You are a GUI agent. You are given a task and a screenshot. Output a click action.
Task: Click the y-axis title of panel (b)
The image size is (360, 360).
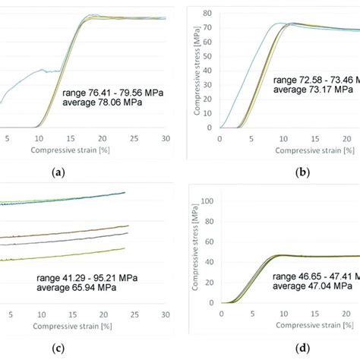pos(197,72)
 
